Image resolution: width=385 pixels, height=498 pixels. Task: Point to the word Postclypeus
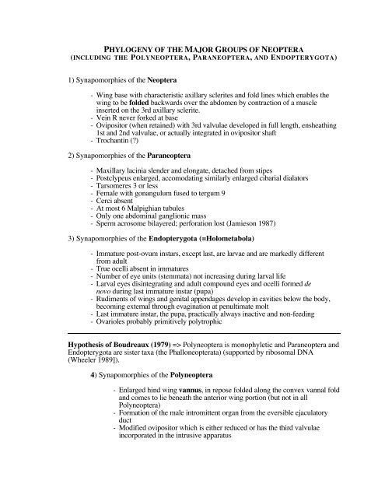point(118,178)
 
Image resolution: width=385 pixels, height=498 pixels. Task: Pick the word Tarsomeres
point(117,188)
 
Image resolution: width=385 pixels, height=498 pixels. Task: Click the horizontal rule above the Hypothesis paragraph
point(191,376)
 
